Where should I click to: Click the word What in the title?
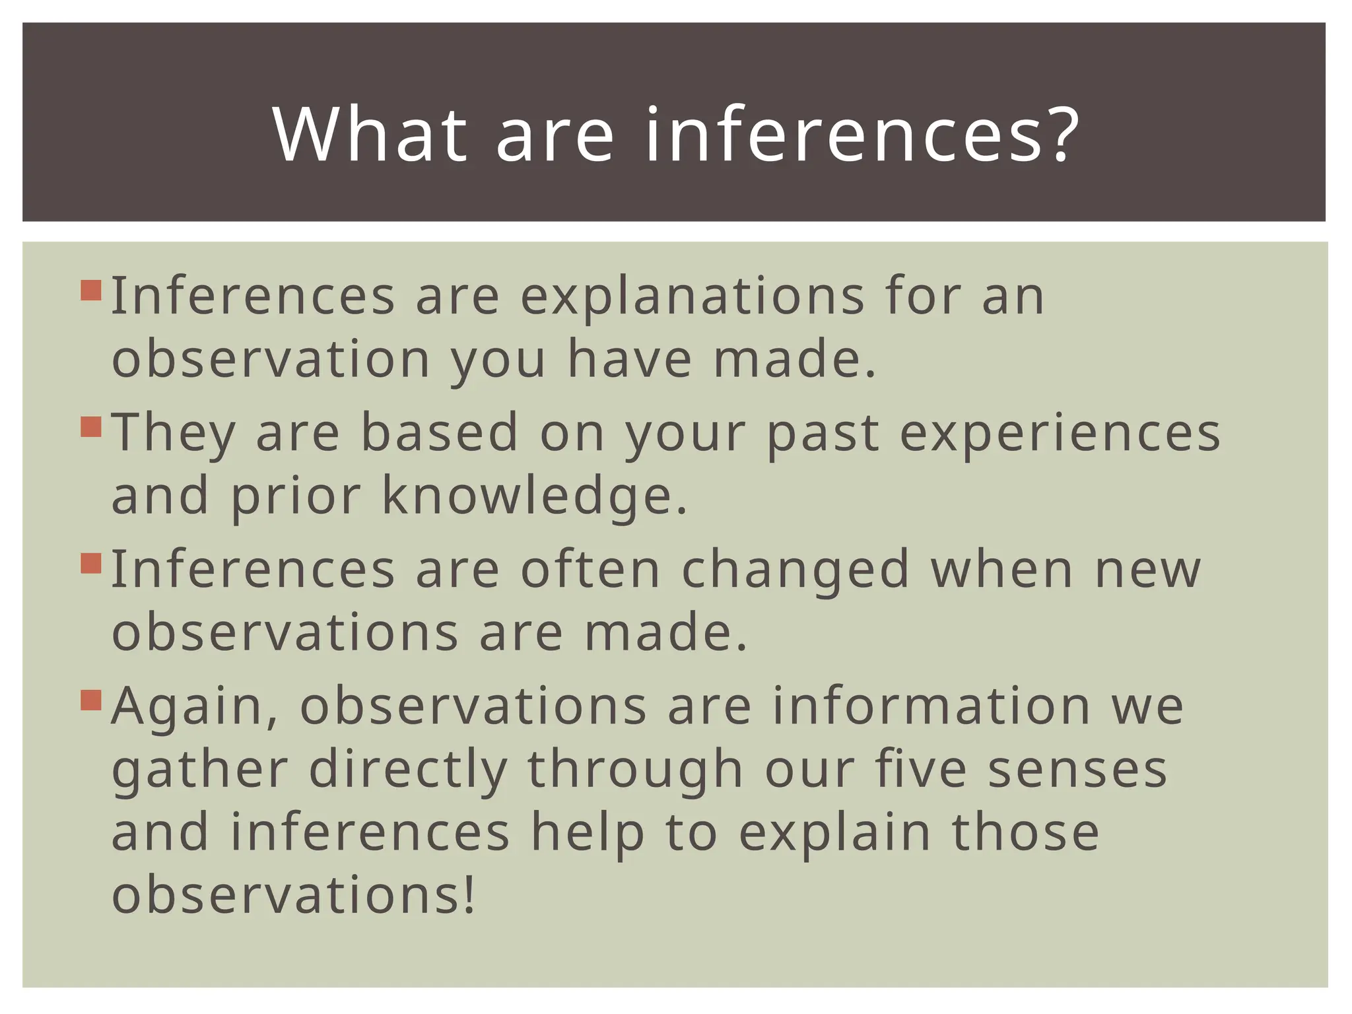[x=369, y=135]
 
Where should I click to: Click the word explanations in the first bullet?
[x=693, y=296]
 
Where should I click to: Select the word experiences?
[x=1060, y=434]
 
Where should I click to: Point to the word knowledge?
[x=535, y=496]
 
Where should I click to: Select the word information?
[x=931, y=706]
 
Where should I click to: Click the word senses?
[x=1077, y=770]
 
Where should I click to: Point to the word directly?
[x=408, y=770]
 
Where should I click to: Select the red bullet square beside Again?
[x=91, y=700]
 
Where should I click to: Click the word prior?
[x=295, y=497]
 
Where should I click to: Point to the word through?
[x=635, y=770]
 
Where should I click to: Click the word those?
[x=1025, y=832]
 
